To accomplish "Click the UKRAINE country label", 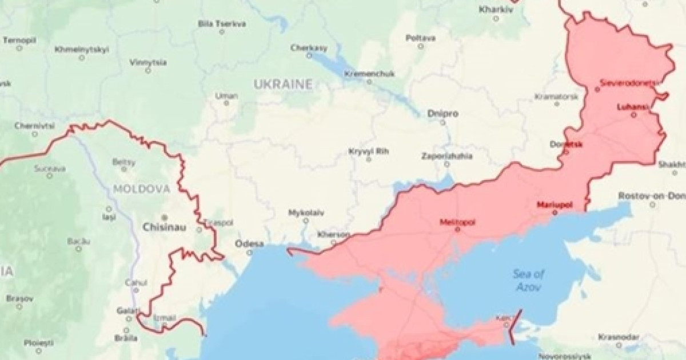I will pos(284,85).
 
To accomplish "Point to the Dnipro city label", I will pos(442,114).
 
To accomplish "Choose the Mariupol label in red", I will pos(555,205).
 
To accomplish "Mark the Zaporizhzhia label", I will pos(447,155).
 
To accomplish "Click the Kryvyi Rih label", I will pos(368,151).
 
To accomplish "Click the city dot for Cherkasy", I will pos(309,56).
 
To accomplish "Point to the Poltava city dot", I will pos(420,46).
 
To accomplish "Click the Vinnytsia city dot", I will pos(148,70).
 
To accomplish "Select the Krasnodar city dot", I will pos(619,345).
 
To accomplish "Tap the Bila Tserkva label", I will pos(222,23).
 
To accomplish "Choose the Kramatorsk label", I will pos(556,97).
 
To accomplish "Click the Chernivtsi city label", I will pos(34,126).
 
